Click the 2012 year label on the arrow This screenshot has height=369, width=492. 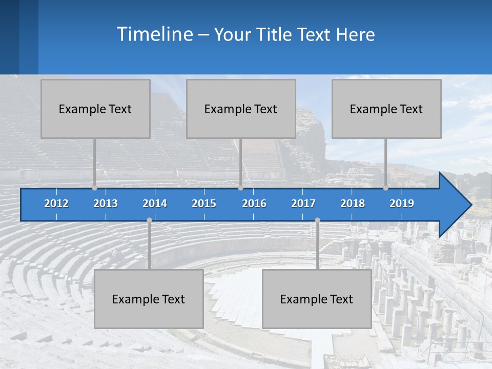click(x=56, y=204)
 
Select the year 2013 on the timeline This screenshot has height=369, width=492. click(x=106, y=204)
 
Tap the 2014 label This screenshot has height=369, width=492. click(x=155, y=204)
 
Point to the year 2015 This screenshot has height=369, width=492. click(x=204, y=204)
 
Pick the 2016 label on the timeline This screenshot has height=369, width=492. click(x=254, y=204)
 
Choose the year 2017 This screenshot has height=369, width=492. click(x=303, y=204)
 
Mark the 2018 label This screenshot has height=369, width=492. click(x=353, y=204)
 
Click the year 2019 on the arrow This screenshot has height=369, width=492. click(x=402, y=204)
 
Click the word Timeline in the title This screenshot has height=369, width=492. click(x=154, y=34)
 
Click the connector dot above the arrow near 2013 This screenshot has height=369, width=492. click(x=94, y=188)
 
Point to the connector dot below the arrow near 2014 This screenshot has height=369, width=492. click(x=149, y=220)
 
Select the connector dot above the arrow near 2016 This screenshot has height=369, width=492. click(x=240, y=188)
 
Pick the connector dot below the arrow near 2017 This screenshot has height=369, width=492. click(x=317, y=220)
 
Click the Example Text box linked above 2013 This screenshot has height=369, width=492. click(x=95, y=109)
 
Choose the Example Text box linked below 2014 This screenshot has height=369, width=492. click(x=149, y=299)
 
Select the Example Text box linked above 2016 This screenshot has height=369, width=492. click(x=241, y=109)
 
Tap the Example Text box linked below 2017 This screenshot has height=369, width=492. click(x=317, y=299)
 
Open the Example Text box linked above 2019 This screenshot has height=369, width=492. click(x=386, y=109)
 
